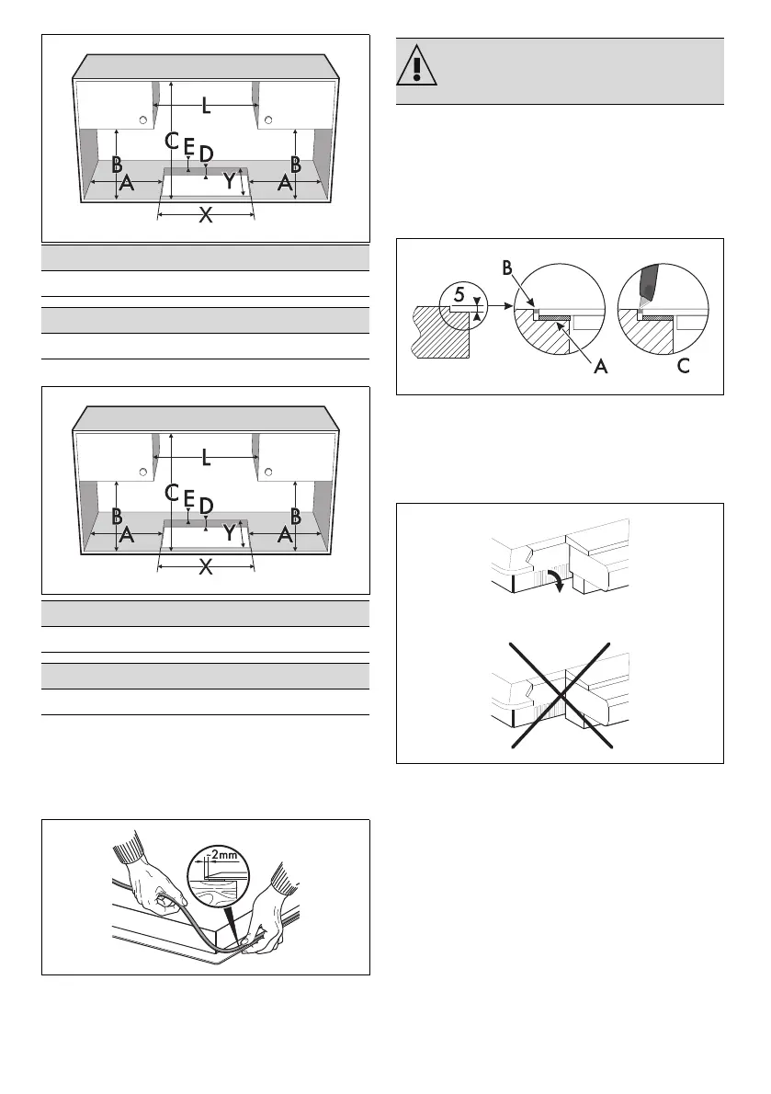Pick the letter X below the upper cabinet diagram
tap(206, 216)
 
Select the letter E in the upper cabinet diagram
tap(188, 146)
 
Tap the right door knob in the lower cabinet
tap(268, 472)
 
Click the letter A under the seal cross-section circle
tap(576, 366)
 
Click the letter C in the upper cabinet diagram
tap(171, 141)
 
